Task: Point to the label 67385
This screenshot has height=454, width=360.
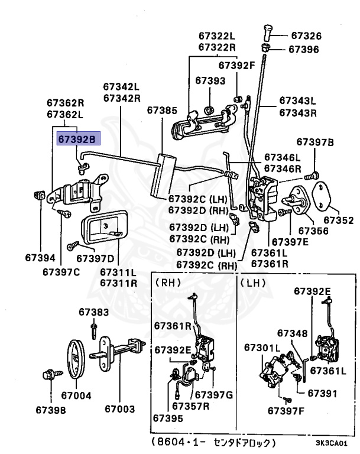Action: click(x=162, y=110)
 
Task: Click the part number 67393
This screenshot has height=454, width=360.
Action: click(x=210, y=80)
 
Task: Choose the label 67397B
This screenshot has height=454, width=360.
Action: click(x=315, y=142)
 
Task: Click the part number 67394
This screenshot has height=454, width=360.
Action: click(x=40, y=257)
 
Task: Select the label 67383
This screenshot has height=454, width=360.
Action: click(x=94, y=312)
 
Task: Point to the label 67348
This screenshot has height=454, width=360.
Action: click(x=293, y=333)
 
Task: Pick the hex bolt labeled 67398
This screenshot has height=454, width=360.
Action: click(x=48, y=375)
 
